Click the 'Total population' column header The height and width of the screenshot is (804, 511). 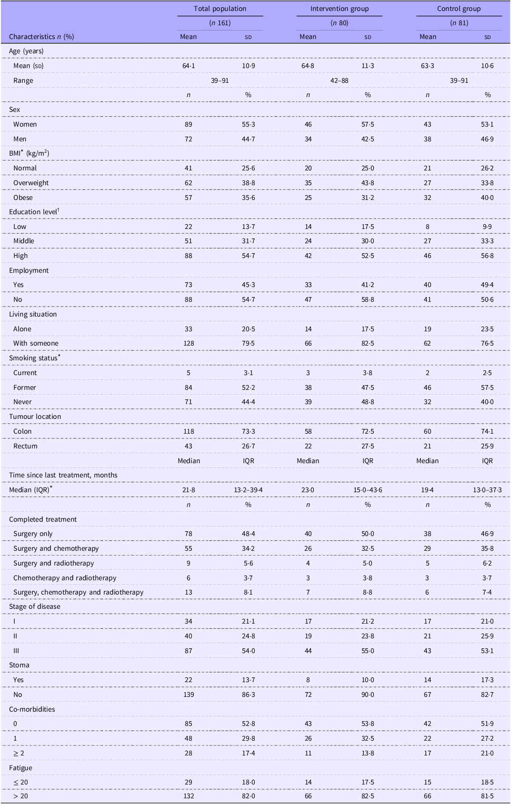pyautogui.click(x=220, y=9)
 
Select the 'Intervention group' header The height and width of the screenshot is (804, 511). pyautogui.click(x=340, y=9)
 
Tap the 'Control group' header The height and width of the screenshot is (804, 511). pyautogui.click(x=459, y=9)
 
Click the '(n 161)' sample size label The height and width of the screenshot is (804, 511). pyautogui.click(x=220, y=23)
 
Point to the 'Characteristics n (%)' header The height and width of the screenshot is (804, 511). pyautogui.click(x=41, y=37)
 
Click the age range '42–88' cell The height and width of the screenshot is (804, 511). pyautogui.click(x=340, y=80)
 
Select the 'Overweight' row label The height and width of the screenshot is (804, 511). pyautogui.click(x=31, y=183)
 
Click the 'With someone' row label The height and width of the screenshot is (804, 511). pyautogui.click(x=36, y=343)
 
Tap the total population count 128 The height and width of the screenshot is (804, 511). pyautogui.click(x=189, y=344)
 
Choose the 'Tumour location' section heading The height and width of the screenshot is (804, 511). pyautogui.click(x=35, y=417)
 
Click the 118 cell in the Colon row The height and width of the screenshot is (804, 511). pyautogui.click(x=189, y=431)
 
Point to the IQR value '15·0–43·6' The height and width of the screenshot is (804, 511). pyautogui.click(x=368, y=490)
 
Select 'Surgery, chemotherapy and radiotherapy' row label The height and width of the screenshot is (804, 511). pyautogui.click(x=78, y=592)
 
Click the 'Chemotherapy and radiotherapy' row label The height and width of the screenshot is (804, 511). pyautogui.click(x=65, y=578)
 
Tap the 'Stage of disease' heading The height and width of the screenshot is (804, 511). pyautogui.click(x=34, y=606)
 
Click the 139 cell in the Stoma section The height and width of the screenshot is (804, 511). pyautogui.click(x=189, y=695)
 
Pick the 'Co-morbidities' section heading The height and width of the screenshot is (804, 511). pyautogui.click(x=32, y=709)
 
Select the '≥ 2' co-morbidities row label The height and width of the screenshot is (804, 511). pyautogui.click(x=19, y=753)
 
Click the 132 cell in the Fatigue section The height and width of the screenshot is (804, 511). pyautogui.click(x=189, y=796)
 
